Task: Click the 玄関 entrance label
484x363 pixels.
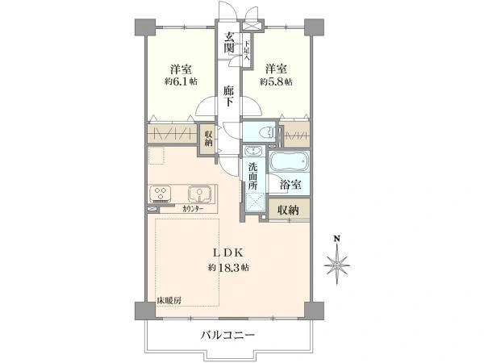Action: click(x=228, y=42)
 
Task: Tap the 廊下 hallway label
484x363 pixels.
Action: click(x=228, y=96)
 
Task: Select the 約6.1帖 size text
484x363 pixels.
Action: click(x=181, y=81)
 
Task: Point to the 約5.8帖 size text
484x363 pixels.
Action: click(x=276, y=81)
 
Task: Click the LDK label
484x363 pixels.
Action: click(x=228, y=253)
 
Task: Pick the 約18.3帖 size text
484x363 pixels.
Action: click(x=228, y=267)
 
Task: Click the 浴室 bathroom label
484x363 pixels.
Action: click(x=290, y=185)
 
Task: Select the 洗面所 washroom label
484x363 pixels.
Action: click(x=252, y=176)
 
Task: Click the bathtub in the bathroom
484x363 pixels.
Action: click(x=290, y=161)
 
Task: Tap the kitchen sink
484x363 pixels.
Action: click(x=200, y=194)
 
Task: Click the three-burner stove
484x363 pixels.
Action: click(x=161, y=194)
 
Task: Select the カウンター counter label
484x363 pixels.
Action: click(x=193, y=209)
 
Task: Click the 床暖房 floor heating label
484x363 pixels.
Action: click(x=169, y=300)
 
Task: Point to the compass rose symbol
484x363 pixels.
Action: click(x=337, y=265)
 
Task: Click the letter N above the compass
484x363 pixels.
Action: click(x=337, y=239)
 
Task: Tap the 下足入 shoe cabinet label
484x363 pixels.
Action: click(x=247, y=50)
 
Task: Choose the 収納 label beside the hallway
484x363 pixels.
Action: click(x=208, y=138)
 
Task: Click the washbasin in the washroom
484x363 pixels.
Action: click(x=254, y=151)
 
